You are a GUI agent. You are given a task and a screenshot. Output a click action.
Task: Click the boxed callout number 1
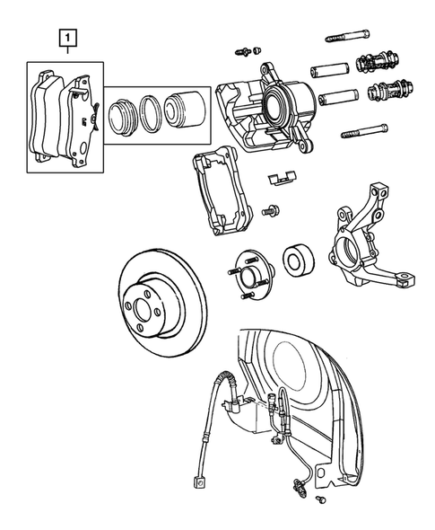pyautogui.click(x=67, y=39)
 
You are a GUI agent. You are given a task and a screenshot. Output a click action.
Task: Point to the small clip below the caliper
pyautogui.click(x=283, y=178)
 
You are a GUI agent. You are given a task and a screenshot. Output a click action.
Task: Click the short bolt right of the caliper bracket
pyautogui.click(x=270, y=211)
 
